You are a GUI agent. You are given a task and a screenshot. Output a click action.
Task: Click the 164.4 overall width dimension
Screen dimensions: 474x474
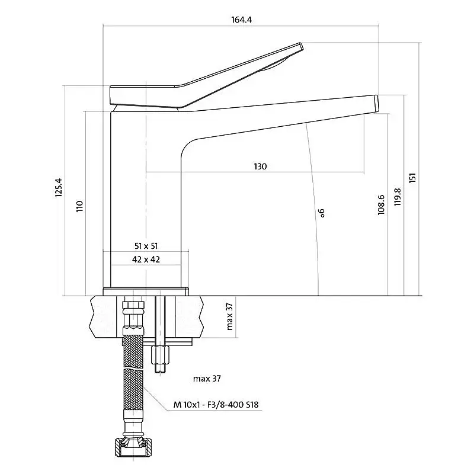click(x=241, y=20)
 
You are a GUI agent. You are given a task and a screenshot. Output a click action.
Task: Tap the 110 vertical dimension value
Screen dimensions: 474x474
click(x=80, y=206)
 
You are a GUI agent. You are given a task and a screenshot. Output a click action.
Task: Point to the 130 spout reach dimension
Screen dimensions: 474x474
click(x=260, y=166)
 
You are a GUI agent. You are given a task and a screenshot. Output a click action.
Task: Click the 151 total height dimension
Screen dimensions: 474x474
click(x=412, y=177)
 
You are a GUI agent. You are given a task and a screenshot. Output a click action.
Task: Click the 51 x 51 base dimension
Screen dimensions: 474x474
click(x=146, y=245)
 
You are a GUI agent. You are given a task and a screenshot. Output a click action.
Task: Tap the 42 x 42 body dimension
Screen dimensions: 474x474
click(x=146, y=259)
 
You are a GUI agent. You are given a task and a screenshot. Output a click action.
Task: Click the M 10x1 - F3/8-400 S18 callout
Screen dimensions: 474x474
click(x=216, y=405)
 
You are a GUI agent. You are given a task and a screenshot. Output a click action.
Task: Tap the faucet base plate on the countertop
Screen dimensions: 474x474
click(x=146, y=291)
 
